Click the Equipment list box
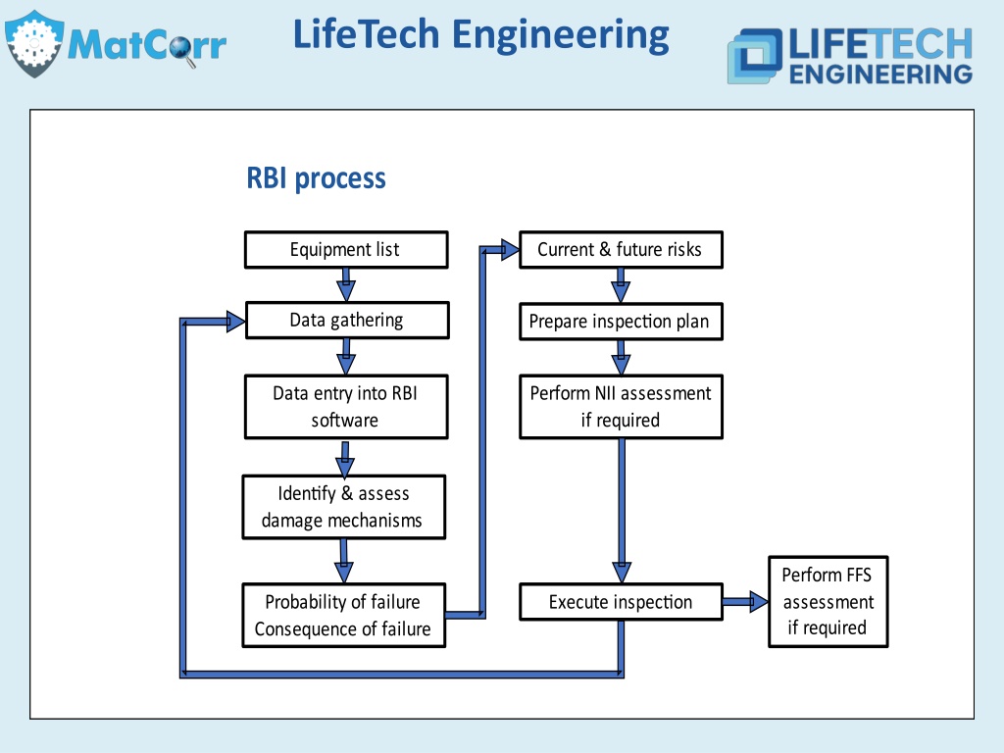coord(346,249)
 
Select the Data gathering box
coord(347,320)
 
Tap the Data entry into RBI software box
coord(346,407)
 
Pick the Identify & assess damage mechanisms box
coord(344,507)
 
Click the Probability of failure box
coord(344,615)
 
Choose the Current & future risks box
coord(621,249)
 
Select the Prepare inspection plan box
coord(621,321)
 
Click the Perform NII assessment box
coord(621,407)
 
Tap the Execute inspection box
coord(621,601)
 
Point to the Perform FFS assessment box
coord(828,601)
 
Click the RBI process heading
coord(317,178)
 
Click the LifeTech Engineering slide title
coord(480,35)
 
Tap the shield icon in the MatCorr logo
coord(34,43)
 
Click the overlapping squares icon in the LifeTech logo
coord(754,56)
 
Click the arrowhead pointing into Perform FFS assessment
coord(759,601)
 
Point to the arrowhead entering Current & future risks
coord(510,249)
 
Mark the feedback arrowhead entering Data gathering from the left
coord(235,321)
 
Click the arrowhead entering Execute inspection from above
coord(621,573)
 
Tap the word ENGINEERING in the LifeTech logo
coord(880,74)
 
